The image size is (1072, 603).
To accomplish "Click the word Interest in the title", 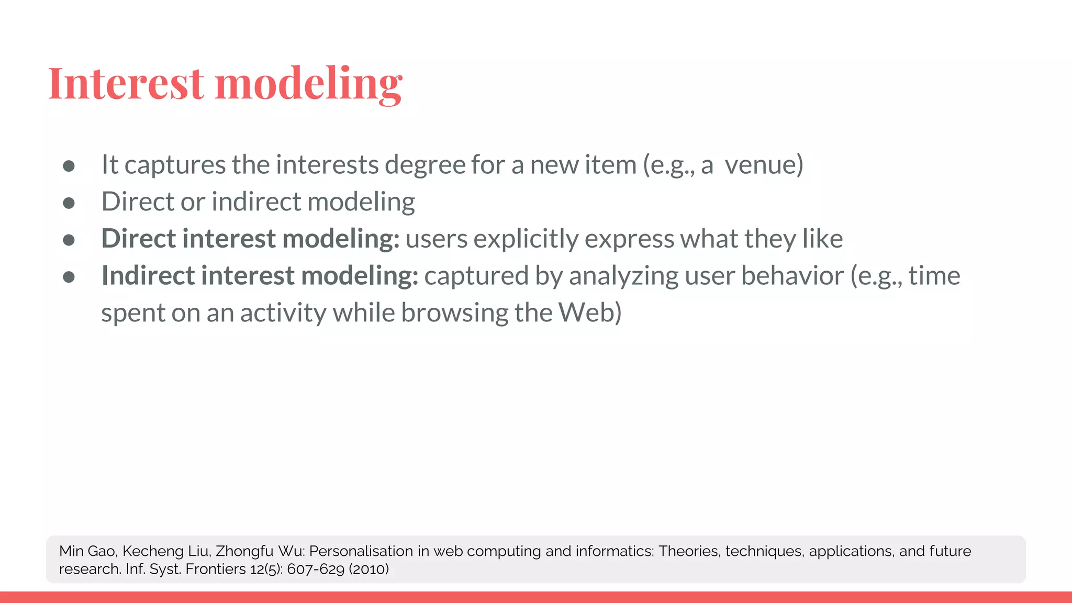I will coord(126,84).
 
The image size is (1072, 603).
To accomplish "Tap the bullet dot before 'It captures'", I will coord(69,166).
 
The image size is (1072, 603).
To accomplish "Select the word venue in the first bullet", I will coord(764,165).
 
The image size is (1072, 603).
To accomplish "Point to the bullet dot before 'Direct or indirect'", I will coord(69,203).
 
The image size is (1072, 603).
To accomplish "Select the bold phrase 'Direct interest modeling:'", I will coord(250,239).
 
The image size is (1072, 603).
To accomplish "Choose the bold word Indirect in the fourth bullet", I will coord(148,276).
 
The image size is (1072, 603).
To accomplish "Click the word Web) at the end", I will coord(590,313).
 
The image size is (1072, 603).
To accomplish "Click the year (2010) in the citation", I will coord(368,569).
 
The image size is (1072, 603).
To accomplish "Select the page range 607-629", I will coord(316,569).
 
